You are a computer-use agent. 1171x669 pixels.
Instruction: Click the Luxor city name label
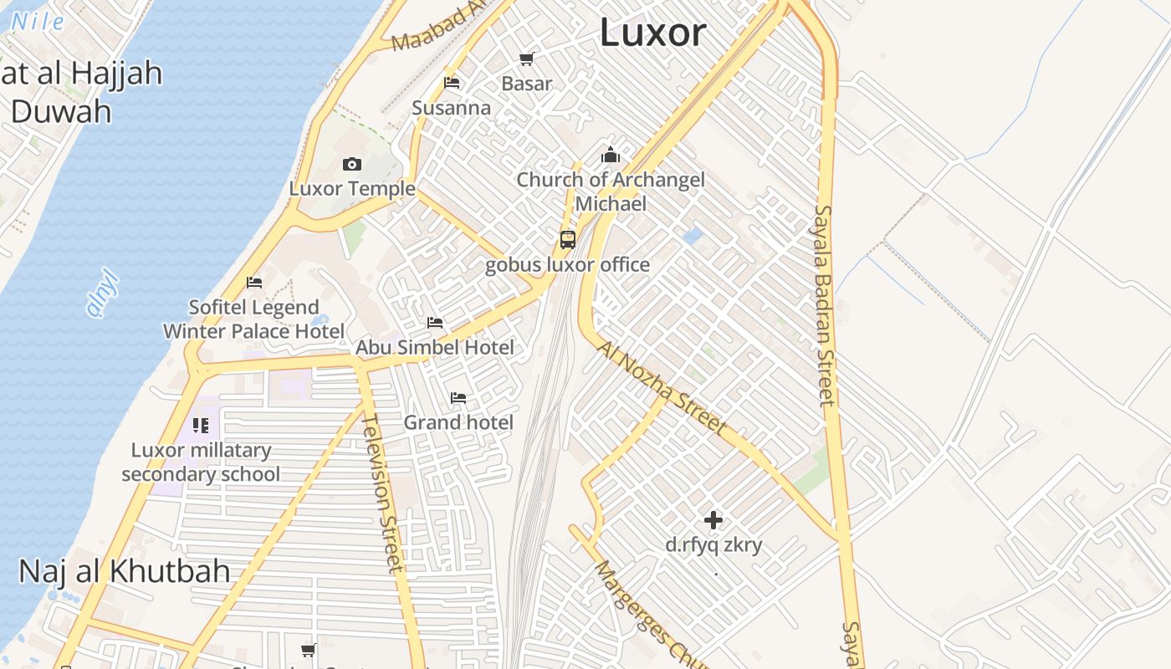pos(653,33)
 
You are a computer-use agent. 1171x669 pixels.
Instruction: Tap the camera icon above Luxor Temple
pos(352,164)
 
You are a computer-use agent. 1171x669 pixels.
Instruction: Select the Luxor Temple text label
pos(352,189)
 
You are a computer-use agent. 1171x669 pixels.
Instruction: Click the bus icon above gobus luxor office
pos(568,240)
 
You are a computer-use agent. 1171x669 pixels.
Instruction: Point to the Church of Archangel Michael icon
pos(611,156)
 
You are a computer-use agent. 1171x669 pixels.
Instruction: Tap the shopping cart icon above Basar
pos(526,59)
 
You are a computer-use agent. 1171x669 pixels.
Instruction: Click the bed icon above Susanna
pos(452,83)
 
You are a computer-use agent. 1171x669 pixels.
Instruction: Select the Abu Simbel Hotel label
pos(435,347)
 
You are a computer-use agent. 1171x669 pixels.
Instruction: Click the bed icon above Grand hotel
pos(458,398)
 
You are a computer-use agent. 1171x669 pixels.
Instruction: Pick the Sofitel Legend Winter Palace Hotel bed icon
pos(254,283)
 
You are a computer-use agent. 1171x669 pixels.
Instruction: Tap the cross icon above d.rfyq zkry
pos(713,521)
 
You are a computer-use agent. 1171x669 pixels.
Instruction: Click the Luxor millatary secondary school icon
pos(200,426)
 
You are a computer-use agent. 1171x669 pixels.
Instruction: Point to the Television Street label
pos(381,493)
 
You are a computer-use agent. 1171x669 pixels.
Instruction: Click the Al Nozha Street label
pos(662,386)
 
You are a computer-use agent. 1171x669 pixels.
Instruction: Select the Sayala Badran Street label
pos(825,305)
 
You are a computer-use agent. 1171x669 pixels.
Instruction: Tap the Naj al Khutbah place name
pos(124,572)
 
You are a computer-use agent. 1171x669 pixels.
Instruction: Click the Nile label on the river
pos(37,23)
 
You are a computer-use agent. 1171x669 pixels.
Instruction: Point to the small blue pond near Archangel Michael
pos(693,236)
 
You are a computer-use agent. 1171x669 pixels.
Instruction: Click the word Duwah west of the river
pos(60,111)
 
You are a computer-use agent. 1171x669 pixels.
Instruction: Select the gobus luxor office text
pos(567,265)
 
